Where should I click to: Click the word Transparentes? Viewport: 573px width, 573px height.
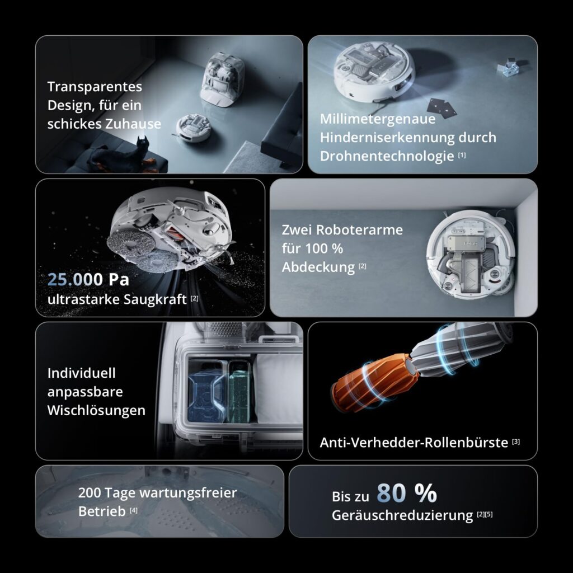[x=95, y=87]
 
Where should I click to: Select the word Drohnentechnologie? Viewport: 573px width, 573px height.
[x=387, y=157]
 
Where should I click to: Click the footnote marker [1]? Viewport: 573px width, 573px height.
[x=462, y=155]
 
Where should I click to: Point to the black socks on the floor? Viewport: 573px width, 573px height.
[x=442, y=108]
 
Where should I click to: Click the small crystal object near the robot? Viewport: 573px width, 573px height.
[x=509, y=68]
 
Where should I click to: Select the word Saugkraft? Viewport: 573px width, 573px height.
[x=155, y=300]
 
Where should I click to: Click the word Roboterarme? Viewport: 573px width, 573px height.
[x=359, y=230]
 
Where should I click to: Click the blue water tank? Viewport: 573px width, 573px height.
[x=206, y=391]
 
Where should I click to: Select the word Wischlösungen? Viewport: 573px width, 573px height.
[x=96, y=410]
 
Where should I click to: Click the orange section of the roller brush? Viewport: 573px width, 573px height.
[x=374, y=384]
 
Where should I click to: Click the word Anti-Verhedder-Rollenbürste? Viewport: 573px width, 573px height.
[x=414, y=443]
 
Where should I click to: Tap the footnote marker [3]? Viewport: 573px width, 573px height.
[x=515, y=442]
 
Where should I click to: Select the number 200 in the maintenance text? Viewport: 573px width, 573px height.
[x=89, y=492]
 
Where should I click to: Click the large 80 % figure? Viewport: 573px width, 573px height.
[x=407, y=493]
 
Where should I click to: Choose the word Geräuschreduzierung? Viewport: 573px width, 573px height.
[x=402, y=515]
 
